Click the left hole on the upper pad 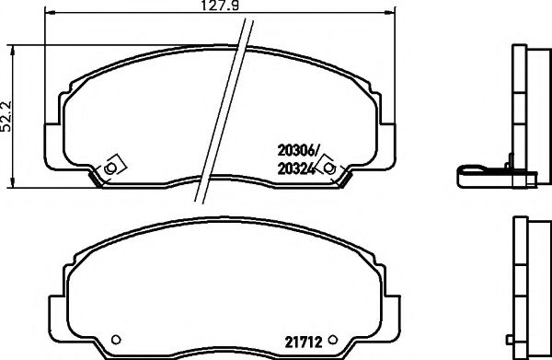[x=109, y=168]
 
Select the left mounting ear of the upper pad [x=51, y=157]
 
